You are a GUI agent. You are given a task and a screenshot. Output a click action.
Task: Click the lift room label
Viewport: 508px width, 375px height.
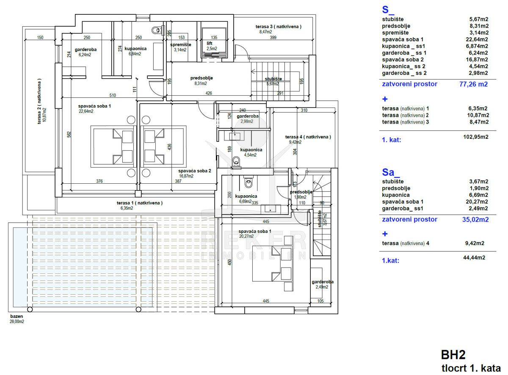(x=209, y=43)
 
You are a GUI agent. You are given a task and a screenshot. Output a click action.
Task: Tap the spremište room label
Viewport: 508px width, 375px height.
(x=181, y=44)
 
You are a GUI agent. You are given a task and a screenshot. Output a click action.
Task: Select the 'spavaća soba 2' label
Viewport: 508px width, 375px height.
(x=194, y=171)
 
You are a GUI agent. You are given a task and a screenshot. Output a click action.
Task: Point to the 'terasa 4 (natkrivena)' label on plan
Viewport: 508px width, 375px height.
(x=308, y=137)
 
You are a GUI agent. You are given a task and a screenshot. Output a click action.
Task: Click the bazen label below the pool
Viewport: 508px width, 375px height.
(x=17, y=316)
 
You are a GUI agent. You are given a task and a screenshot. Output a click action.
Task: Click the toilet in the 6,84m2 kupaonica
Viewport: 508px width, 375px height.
(x=157, y=30)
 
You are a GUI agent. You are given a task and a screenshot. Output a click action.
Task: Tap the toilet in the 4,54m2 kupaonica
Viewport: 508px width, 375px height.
(x=237, y=160)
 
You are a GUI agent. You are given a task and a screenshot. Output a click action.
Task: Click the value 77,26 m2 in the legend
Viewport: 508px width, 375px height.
(x=473, y=84)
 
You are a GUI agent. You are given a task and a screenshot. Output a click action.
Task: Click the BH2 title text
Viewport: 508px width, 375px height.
(x=453, y=354)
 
